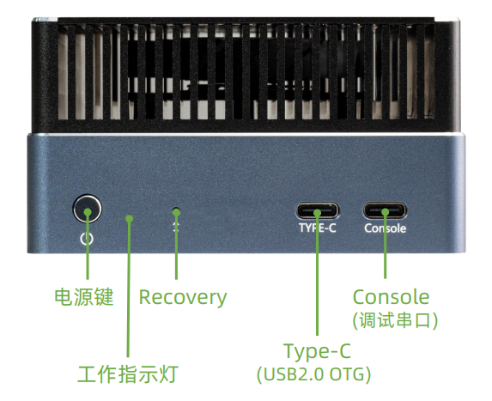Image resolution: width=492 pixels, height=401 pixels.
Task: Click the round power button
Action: click(x=88, y=209)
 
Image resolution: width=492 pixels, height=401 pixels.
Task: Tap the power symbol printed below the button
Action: click(x=87, y=239)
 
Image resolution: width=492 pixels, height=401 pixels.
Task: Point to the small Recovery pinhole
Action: click(x=177, y=210)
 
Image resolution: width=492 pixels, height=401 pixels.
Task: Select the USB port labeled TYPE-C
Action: click(x=317, y=210)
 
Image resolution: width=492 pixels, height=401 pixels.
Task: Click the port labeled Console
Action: click(x=385, y=210)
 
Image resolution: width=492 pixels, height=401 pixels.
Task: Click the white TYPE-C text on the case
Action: click(x=317, y=228)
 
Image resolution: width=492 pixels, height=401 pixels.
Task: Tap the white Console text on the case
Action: click(x=385, y=228)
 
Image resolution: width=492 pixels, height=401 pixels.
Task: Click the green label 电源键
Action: click(x=84, y=297)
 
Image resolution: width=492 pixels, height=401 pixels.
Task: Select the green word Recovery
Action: click(x=183, y=297)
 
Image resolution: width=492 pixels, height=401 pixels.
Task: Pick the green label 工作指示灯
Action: click(x=128, y=374)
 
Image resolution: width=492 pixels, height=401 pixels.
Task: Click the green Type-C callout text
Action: click(x=317, y=351)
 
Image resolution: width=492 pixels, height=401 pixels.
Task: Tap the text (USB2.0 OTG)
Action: click(x=313, y=374)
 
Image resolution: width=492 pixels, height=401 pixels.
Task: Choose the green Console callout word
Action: click(x=391, y=297)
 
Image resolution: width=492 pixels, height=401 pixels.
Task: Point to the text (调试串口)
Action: click(x=395, y=320)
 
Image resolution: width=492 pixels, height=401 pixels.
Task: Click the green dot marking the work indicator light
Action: click(x=130, y=218)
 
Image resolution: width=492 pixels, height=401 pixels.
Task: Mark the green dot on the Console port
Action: click(x=386, y=212)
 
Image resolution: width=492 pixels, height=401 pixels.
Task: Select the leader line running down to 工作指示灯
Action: click(x=128, y=288)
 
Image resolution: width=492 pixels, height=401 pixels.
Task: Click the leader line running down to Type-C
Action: click(x=317, y=274)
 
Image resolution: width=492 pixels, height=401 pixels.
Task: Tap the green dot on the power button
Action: click(x=88, y=212)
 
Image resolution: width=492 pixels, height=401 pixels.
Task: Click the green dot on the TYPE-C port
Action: click(x=317, y=213)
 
